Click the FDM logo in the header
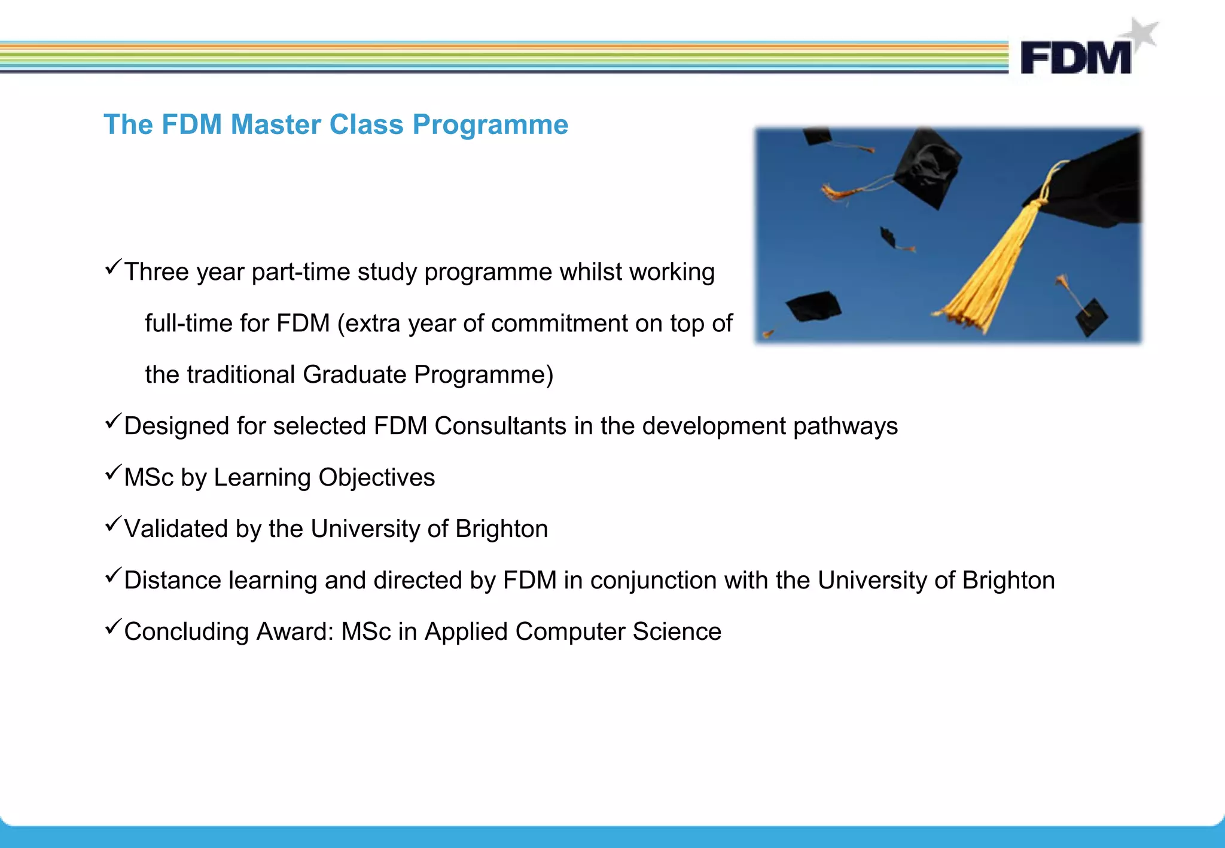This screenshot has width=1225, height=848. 1075,57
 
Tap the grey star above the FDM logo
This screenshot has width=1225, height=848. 1143,33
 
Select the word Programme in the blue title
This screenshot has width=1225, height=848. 490,125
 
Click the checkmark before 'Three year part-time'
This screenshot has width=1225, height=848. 113,267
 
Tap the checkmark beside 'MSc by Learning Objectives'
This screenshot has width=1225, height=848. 113,473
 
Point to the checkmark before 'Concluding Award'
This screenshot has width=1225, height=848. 113,627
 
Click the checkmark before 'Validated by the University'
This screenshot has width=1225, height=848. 113,524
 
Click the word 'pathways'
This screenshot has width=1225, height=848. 845,426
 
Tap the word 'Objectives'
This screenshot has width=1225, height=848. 376,478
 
